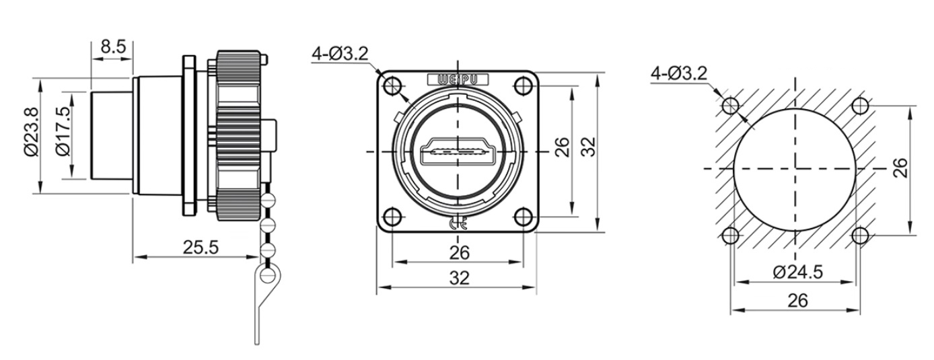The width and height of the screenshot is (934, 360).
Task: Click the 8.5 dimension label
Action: click(113, 46)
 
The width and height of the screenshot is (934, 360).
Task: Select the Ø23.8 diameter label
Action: click(31, 132)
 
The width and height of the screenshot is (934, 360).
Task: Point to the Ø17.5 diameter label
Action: click(63, 132)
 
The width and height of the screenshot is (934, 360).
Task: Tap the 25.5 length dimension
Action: click(201, 248)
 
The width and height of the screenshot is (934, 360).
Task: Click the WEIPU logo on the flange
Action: click(458, 79)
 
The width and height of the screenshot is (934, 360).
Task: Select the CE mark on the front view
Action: click(458, 225)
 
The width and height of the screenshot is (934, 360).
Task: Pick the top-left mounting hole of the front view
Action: click(392, 86)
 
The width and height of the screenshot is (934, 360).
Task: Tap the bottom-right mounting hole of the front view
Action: click(523, 217)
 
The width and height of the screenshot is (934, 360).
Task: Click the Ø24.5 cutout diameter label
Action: click(797, 272)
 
